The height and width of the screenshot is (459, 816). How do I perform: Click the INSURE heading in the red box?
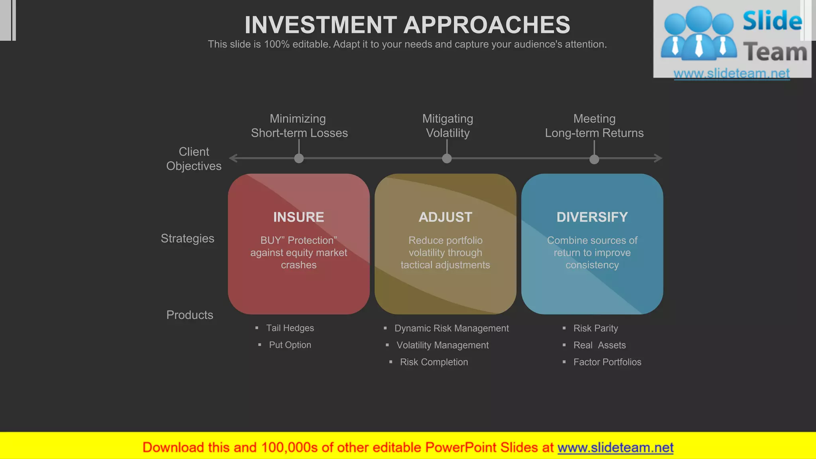[x=298, y=217]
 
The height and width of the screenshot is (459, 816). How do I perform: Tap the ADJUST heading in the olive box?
[x=445, y=217]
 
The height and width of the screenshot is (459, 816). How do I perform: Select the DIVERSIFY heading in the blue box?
[x=592, y=217]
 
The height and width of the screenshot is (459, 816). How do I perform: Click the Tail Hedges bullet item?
[x=290, y=328]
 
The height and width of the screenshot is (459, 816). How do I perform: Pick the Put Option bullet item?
[x=290, y=345]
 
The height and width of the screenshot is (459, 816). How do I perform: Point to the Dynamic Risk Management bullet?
[x=451, y=328]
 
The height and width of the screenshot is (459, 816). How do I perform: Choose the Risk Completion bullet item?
[x=433, y=362]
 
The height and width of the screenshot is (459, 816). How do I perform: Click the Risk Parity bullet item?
[x=595, y=328]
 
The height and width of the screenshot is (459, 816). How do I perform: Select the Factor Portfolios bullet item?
[x=607, y=362]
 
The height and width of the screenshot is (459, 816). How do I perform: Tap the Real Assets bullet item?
[x=599, y=345]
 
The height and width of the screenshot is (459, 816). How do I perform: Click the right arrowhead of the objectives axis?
[x=658, y=158]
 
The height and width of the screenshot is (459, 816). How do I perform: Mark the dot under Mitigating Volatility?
[x=447, y=159]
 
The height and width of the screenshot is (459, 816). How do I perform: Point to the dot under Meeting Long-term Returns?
[x=594, y=159]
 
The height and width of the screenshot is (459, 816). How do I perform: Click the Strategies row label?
[x=187, y=238]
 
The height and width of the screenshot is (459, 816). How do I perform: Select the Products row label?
[x=190, y=315]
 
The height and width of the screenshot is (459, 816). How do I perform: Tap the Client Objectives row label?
[x=194, y=159]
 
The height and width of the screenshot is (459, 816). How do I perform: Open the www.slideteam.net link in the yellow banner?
[x=615, y=447]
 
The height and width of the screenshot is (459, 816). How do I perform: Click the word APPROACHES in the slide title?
[x=487, y=25]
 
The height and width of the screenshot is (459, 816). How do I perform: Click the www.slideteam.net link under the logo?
[x=732, y=73]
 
